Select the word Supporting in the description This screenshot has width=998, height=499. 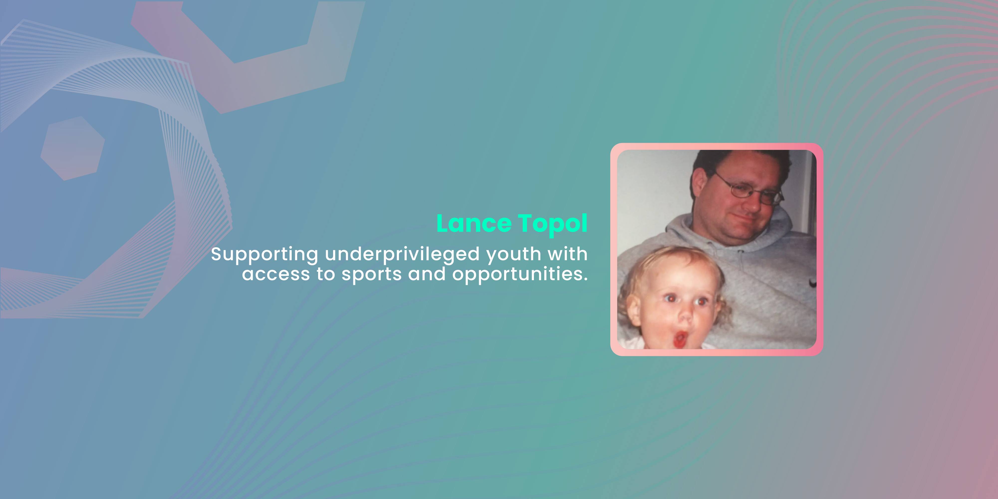click(265, 255)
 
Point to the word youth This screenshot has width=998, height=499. click(514, 255)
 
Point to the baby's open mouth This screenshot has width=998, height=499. click(680, 339)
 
